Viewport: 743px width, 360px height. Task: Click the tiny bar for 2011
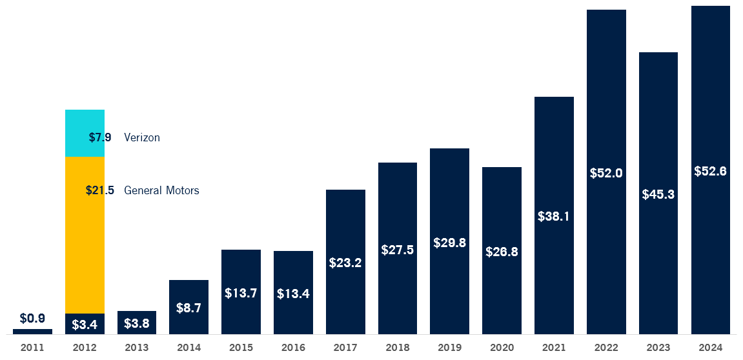pos(32,332)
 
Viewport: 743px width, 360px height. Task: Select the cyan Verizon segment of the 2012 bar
pos(85,123)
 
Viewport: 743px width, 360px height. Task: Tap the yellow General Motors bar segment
pos(85,245)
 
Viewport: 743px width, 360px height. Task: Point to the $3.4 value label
pos(85,325)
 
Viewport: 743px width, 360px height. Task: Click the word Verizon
pos(142,137)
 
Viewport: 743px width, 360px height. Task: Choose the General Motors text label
pos(161,190)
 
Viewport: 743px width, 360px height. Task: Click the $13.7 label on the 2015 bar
pos(241,293)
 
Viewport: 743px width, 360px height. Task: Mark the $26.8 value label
pos(502,252)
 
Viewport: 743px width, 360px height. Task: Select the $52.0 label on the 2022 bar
pos(606,173)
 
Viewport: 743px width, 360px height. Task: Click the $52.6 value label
pos(710,171)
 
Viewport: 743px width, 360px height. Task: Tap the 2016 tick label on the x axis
pos(293,348)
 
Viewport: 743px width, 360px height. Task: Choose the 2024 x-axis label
pos(710,348)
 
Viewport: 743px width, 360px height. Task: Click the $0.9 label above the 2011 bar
pos(32,318)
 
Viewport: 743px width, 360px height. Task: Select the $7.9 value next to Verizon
pos(100,137)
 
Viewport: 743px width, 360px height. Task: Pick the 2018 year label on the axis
pos(398,348)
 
